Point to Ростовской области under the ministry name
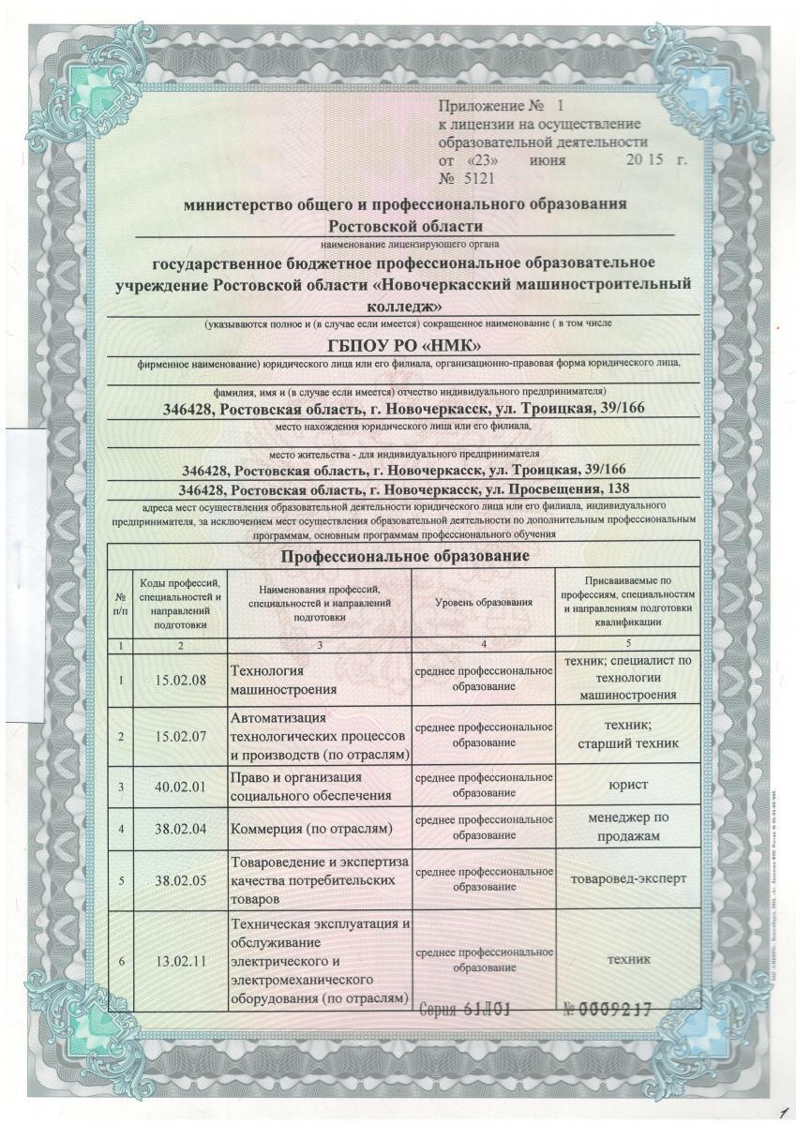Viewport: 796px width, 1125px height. [x=405, y=225]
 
